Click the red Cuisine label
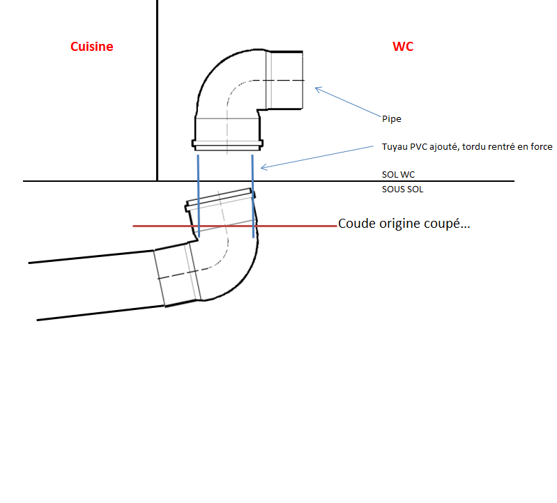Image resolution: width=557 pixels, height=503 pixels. click(91, 47)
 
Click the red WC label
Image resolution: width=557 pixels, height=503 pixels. click(403, 47)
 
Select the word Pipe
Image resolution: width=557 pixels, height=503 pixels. click(391, 119)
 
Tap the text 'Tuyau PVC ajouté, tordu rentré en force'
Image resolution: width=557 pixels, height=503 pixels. click(467, 146)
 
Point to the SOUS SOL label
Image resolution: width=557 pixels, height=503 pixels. click(403, 189)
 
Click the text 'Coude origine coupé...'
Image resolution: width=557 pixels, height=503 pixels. click(404, 224)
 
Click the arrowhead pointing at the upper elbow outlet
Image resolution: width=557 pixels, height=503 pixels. click(318, 88)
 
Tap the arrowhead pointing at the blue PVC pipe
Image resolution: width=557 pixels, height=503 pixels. click(264, 167)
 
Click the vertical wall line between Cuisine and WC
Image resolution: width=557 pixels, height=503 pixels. click(158, 91)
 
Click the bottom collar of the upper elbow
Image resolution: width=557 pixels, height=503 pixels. click(227, 146)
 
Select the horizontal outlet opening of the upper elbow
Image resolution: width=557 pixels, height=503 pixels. click(287, 80)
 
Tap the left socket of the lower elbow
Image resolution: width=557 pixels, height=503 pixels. click(175, 276)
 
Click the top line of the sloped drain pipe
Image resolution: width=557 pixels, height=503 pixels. click(91, 256)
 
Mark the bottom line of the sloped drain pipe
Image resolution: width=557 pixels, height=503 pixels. click(98, 313)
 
